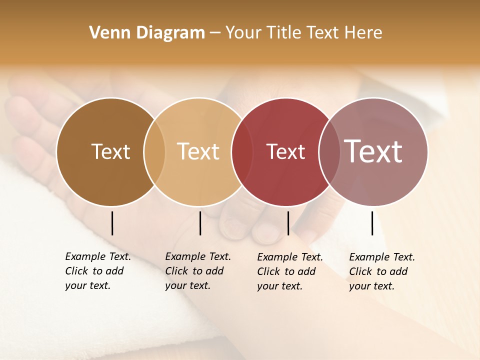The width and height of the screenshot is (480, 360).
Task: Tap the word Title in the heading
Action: pyautogui.click(x=284, y=33)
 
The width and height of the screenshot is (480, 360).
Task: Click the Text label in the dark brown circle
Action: pyautogui.click(x=110, y=151)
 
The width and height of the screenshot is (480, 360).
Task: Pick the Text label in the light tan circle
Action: pyautogui.click(x=198, y=151)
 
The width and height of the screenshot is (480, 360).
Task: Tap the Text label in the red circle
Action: pyautogui.click(x=285, y=152)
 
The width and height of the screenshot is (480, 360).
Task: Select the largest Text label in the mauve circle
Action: pyautogui.click(x=373, y=151)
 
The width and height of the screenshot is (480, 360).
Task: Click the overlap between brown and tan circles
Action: pyautogui.click(x=154, y=152)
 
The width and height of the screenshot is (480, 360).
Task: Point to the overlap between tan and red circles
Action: pyautogui.click(x=242, y=152)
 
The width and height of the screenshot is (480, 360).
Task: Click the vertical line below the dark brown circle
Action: pyautogui.click(x=112, y=223)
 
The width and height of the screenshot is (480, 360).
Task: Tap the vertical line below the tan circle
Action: pyautogui.click(x=200, y=223)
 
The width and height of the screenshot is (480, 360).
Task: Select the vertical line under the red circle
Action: pyautogui.click(x=288, y=223)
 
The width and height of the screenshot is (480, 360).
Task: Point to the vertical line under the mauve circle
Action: pyautogui.click(x=372, y=223)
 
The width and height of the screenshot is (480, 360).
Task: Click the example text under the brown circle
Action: pyautogui.click(x=97, y=271)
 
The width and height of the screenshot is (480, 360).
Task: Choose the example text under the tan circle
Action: pyautogui.click(x=197, y=271)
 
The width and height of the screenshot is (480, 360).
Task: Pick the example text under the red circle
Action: pyautogui.click(x=289, y=271)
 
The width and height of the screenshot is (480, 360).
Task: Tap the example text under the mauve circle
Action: pyautogui.click(x=381, y=271)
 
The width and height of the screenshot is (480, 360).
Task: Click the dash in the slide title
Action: pyautogui.click(x=215, y=33)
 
